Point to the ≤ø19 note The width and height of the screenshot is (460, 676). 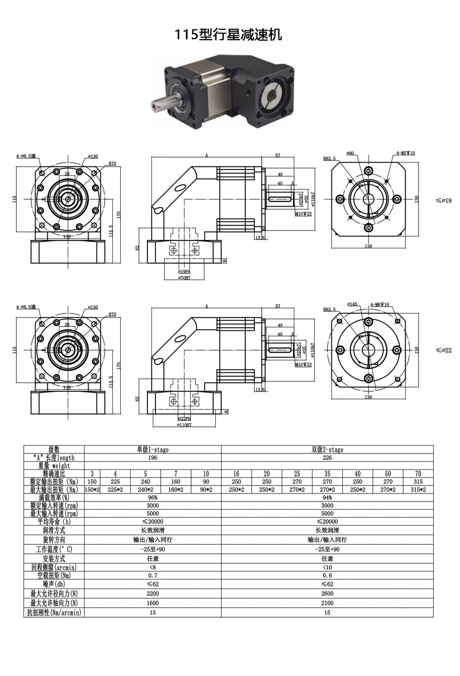tap(443, 201)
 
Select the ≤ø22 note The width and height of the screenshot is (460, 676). tap(443, 350)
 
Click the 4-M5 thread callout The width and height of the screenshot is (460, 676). tap(405, 153)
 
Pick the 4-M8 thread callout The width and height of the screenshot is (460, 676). tap(379, 305)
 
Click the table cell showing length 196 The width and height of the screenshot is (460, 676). tap(153, 457)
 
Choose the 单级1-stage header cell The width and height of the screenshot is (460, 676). tap(153, 450)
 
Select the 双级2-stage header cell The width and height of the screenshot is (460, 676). tap(327, 450)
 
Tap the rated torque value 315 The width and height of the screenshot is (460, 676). tap(418, 481)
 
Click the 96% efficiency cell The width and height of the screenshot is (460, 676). tap(153, 497)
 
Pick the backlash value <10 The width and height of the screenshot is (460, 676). tap(327, 567)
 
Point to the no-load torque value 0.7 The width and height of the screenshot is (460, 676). tap(153, 576)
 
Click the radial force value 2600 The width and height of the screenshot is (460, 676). tap(327, 593)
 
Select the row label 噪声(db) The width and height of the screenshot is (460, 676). tap(54, 584)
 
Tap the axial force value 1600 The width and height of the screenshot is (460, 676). tap(153, 603)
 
